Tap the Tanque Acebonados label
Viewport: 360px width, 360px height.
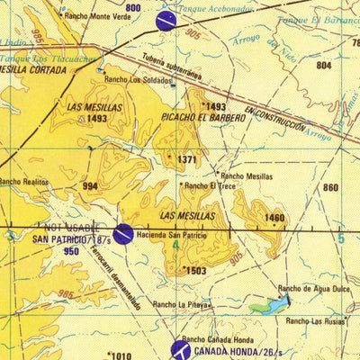[218, 8]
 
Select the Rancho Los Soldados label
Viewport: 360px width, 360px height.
[138, 79]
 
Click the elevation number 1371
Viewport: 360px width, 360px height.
[186, 159]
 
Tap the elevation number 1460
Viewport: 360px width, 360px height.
[274, 217]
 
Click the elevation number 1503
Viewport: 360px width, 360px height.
[195, 270]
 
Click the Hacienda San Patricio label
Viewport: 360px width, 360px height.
[177, 235]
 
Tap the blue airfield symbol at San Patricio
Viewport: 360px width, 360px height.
[123, 234]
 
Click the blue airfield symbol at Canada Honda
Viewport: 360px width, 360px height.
[181, 349]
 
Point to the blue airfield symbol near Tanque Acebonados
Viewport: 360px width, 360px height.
[166, 21]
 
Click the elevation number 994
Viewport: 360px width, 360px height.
[90, 186]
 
